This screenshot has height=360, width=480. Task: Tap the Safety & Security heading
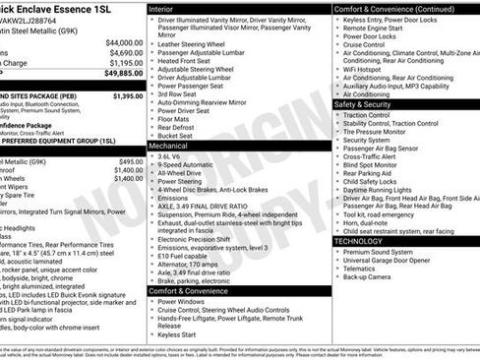pos(362,104)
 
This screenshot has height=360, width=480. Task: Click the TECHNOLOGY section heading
pos(358,240)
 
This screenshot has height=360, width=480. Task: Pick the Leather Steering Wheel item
pos(195,44)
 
